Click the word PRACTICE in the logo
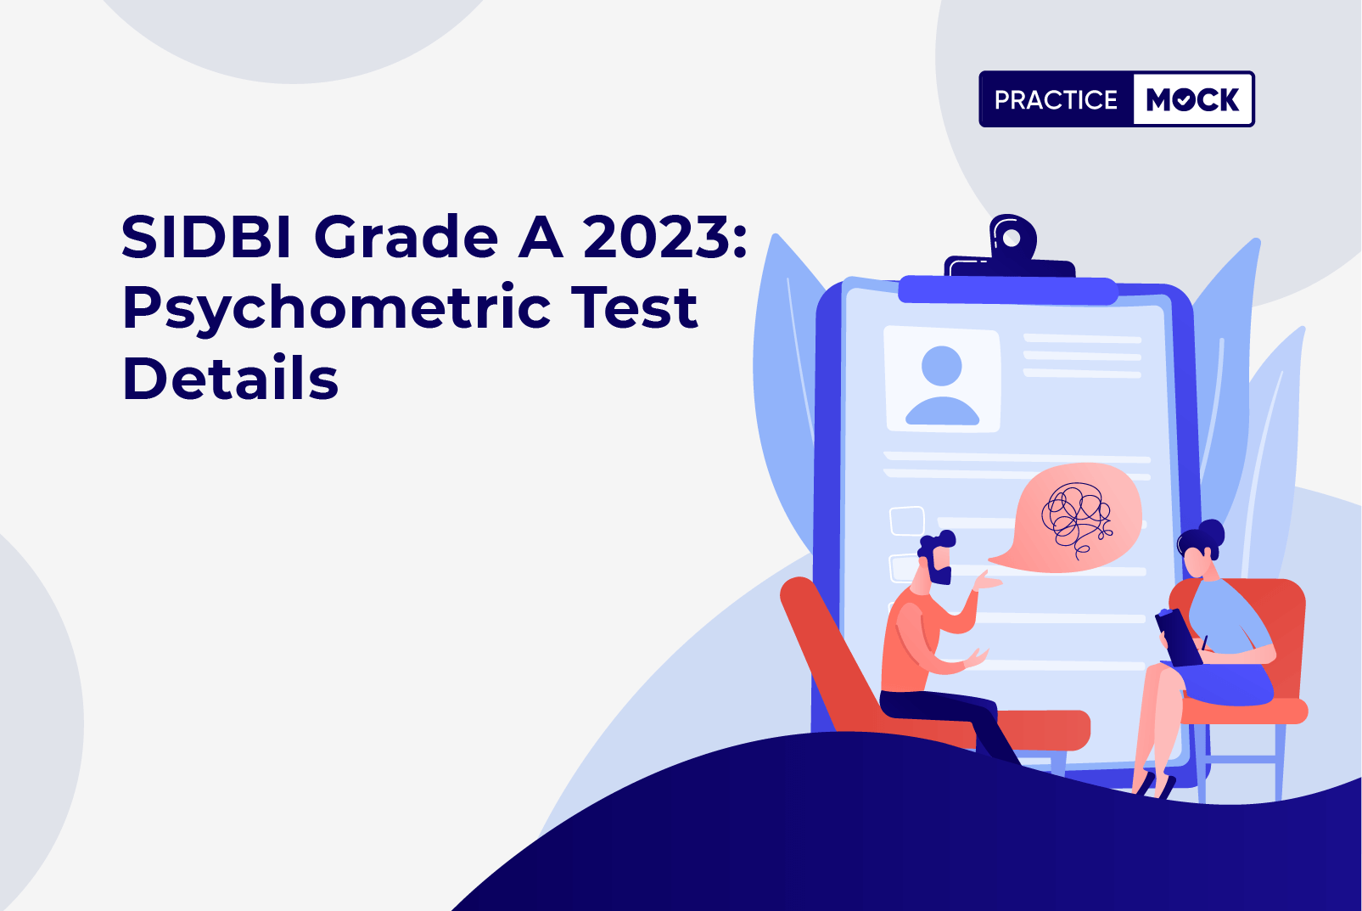click(1056, 99)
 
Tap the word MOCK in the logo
click(1192, 99)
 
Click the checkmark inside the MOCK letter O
click(1183, 100)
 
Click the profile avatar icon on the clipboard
click(942, 384)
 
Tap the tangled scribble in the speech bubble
click(1076, 518)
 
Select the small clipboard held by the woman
click(1177, 637)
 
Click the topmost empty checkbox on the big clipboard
click(906, 521)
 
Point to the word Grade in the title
click(406, 237)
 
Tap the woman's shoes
click(1155, 784)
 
